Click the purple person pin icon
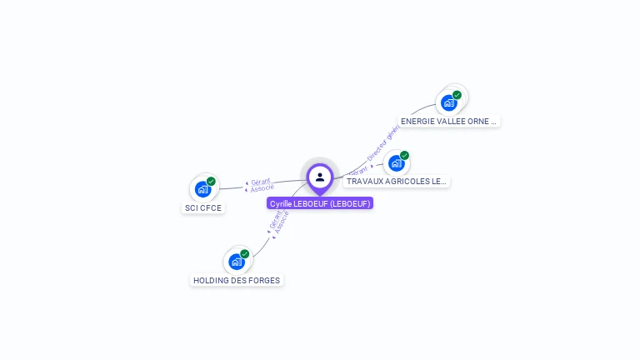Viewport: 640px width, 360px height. [320, 177]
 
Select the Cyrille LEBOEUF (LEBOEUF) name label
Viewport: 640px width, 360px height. [320, 203]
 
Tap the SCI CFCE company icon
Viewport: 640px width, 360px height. [202, 189]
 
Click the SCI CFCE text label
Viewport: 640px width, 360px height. [202, 208]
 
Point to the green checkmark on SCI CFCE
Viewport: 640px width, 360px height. [211, 181]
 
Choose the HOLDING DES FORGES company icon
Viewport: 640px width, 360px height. [236, 262]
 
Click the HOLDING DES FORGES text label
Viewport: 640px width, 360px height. [237, 281]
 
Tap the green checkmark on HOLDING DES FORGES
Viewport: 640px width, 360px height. [244, 253]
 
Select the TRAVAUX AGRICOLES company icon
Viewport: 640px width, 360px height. [396, 163]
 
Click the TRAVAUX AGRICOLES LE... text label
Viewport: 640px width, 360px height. [397, 181]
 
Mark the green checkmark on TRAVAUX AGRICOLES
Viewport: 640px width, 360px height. [404, 155]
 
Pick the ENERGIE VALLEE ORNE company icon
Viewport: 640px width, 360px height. [449, 103]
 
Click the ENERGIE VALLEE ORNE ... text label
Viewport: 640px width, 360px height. [448, 121]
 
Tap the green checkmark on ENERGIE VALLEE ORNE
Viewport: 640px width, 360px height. [457, 95]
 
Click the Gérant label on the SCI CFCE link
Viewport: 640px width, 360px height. [260, 181]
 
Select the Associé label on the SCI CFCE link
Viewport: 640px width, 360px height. [262, 188]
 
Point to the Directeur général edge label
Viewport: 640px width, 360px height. [383, 142]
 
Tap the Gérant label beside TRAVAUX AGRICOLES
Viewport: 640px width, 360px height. [357, 170]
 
